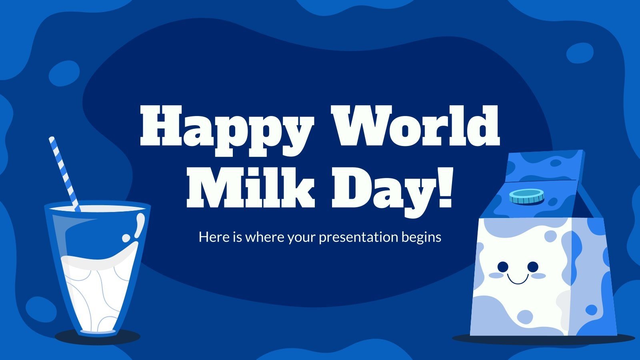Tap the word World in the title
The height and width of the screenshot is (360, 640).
pos(416,120)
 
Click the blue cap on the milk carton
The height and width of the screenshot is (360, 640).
pos(526,196)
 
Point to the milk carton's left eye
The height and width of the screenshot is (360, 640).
pos(502,266)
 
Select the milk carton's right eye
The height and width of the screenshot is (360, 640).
pos(532,266)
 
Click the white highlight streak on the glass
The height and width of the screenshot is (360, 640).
pos(138,226)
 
